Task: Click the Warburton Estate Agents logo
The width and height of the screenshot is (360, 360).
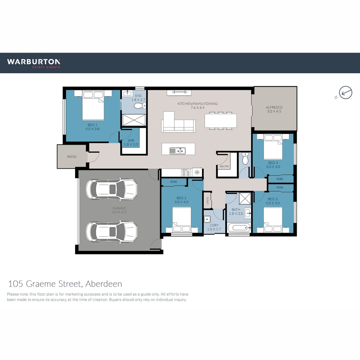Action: (34, 63)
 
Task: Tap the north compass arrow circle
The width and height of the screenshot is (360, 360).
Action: (346, 92)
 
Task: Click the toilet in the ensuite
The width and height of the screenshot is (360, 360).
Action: (140, 106)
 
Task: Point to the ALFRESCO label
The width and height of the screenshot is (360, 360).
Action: (274, 109)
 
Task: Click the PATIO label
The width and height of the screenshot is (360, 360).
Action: (71, 157)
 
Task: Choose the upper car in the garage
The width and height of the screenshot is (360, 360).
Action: (111, 189)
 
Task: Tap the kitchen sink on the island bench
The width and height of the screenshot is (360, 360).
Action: (177, 151)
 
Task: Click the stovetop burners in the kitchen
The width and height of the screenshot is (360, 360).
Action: (186, 173)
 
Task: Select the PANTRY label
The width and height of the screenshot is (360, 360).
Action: (224, 166)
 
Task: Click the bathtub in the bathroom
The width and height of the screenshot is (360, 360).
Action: (238, 228)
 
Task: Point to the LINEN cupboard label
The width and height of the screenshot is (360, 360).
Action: (207, 201)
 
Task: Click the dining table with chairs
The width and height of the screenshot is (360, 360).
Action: (221, 121)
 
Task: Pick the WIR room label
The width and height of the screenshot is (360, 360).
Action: (130, 143)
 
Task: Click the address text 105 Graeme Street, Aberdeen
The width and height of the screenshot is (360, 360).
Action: (65, 284)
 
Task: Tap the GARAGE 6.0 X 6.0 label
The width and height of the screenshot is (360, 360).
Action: (119, 210)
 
